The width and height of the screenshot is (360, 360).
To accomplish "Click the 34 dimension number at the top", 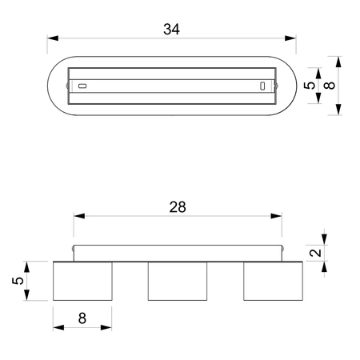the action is coord(171,30).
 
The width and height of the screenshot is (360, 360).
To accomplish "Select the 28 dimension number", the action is coord(178,207).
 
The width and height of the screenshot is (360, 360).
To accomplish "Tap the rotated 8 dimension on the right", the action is coord(330,86).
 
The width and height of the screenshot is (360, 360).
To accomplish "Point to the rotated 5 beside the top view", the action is coord(310,86).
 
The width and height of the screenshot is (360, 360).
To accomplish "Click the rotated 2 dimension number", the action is coord(316,253).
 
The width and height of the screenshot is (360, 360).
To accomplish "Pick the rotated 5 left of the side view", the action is coord(18,281).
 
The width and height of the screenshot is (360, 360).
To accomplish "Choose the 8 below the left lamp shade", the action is coord(82,318).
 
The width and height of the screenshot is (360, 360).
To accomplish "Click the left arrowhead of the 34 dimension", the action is coord(53,38).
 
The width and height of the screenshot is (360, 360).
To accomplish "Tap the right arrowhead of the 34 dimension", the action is coord(290,38).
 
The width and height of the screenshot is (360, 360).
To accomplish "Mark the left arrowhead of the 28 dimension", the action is coord(79,216).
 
